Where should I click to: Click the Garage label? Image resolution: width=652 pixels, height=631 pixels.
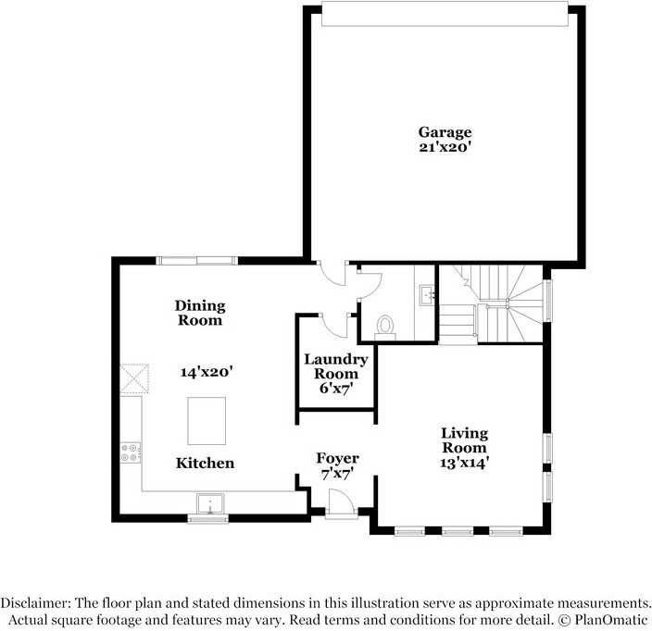[x=445, y=132]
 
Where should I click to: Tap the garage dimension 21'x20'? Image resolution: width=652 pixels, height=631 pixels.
[x=445, y=146]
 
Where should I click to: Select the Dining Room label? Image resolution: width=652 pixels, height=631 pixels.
[x=200, y=313]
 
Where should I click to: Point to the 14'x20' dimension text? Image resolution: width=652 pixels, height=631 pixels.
[x=206, y=371]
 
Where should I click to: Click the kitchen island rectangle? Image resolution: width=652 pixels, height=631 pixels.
[x=207, y=421]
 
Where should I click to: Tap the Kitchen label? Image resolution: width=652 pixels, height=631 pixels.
[x=205, y=463]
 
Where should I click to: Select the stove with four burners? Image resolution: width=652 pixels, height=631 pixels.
[x=131, y=452]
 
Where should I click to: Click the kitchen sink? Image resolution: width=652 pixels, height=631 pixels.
[x=209, y=504]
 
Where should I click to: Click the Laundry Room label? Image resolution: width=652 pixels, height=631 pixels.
[x=335, y=366]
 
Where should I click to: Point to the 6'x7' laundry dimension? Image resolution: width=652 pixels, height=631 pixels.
[x=335, y=389]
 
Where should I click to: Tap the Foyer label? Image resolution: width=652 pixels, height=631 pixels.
[x=337, y=458]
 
